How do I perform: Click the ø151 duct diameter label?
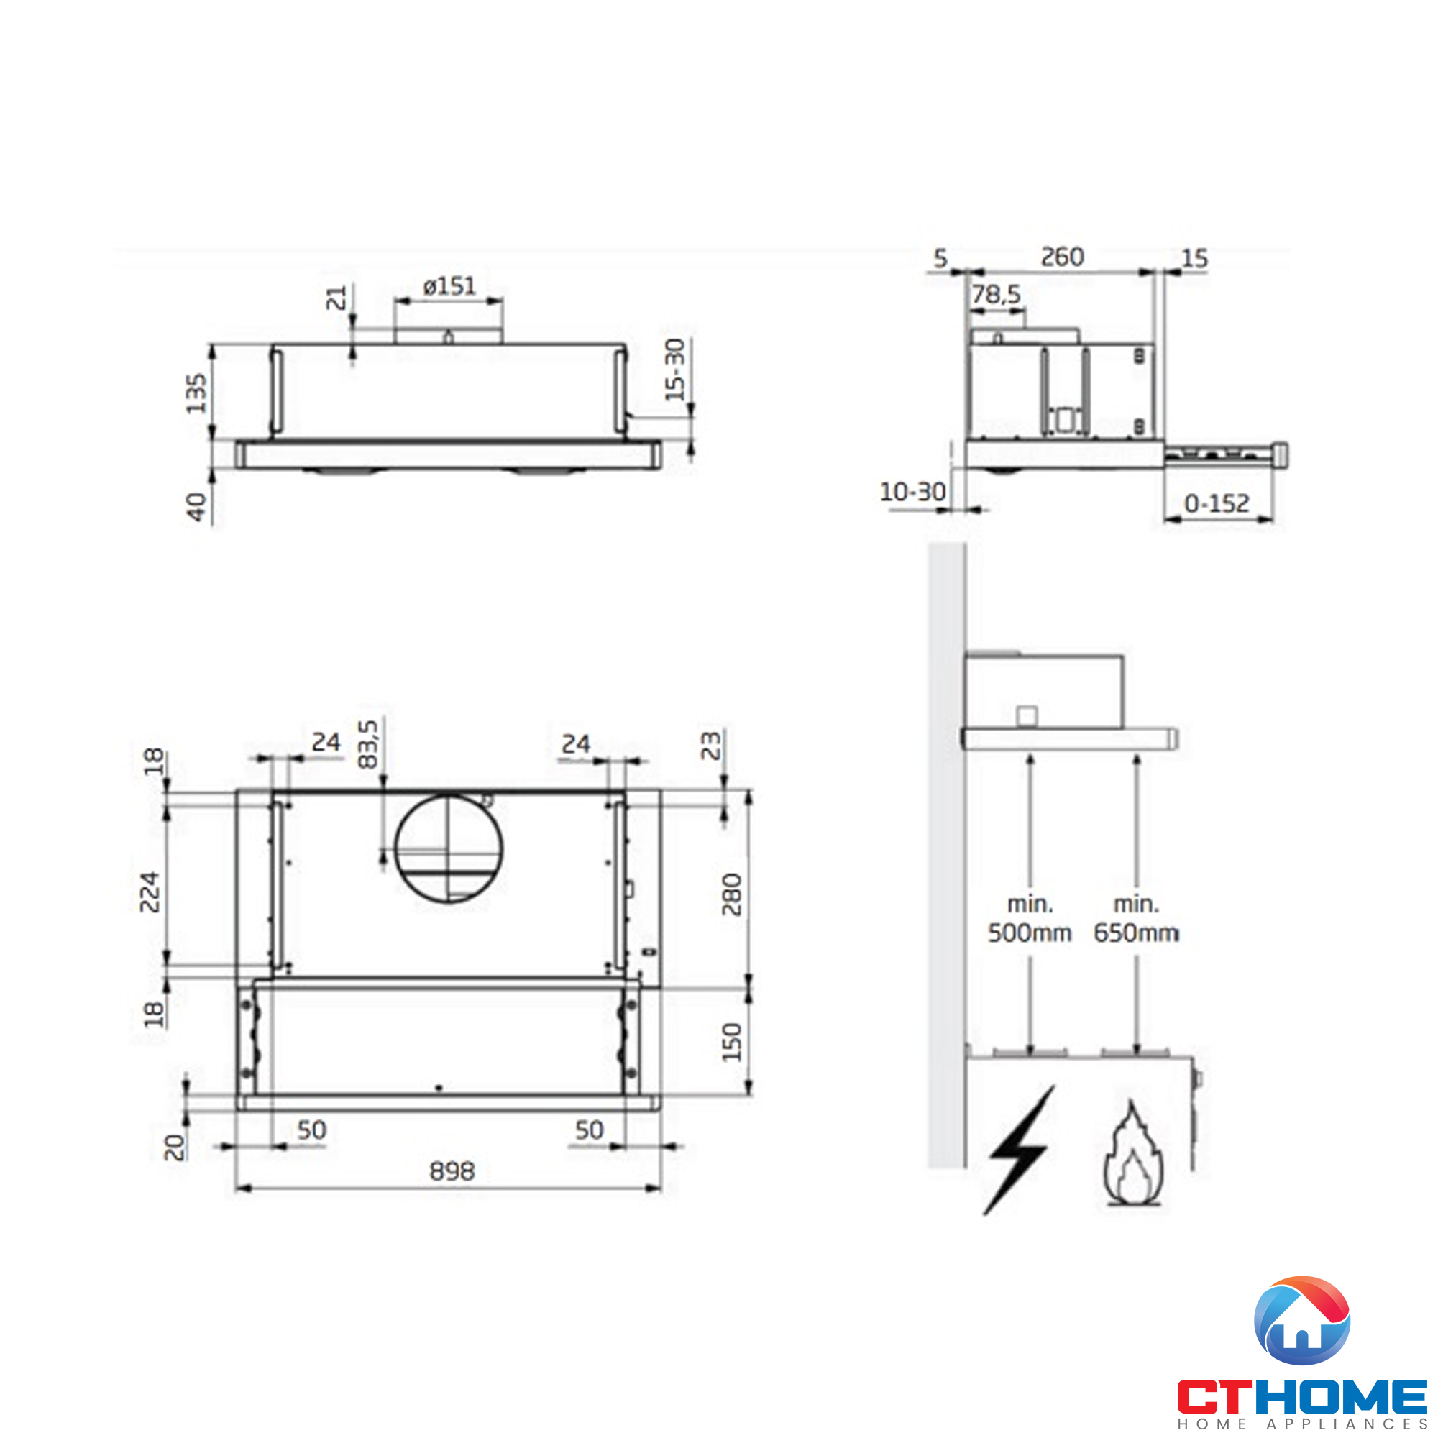(x=449, y=286)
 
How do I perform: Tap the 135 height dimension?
(x=196, y=393)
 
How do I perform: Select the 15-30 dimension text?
(x=674, y=369)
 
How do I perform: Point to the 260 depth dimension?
(x=1061, y=257)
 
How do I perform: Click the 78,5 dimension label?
(x=996, y=296)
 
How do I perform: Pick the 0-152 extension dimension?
(x=1217, y=504)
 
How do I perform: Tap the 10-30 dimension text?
(x=912, y=492)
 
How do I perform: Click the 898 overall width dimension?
(x=452, y=1171)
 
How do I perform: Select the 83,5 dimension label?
(x=367, y=743)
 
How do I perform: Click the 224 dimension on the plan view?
(x=150, y=892)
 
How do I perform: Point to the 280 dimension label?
(x=732, y=894)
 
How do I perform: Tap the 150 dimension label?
(x=732, y=1041)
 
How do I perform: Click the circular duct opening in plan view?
(x=449, y=848)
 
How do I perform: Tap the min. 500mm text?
(x=1030, y=918)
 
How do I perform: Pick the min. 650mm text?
(x=1136, y=918)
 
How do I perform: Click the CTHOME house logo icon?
(x=1301, y=1320)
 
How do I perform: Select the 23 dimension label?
(x=712, y=745)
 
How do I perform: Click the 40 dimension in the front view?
(x=196, y=507)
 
